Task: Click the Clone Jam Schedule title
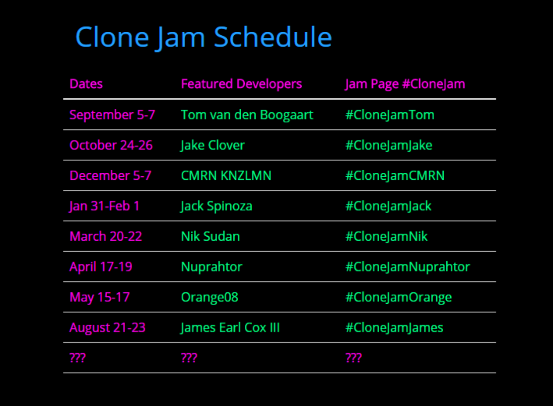[x=204, y=38]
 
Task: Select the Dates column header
[x=86, y=84]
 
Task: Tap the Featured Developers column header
[x=241, y=84]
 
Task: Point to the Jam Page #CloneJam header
[x=405, y=84]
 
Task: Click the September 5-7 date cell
[x=112, y=115]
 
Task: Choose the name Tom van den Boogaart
[x=247, y=115]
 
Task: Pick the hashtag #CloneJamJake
[x=389, y=145]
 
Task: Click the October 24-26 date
[x=111, y=145]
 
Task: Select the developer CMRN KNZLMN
[x=226, y=176]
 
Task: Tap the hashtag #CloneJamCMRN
[x=395, y=176]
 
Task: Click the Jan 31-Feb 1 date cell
[x=105, y=206]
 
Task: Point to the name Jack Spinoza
[x=216, y=206]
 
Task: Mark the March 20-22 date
[x=106, y=236]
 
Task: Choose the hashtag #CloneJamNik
[x=386, y=237]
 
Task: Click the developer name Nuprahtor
[x=212, y=267]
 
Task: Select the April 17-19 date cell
[x=101, y=267]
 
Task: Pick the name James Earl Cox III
[x=230, y=328]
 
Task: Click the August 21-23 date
[x=108, y=328]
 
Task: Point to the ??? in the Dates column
[x=78, y=358]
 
